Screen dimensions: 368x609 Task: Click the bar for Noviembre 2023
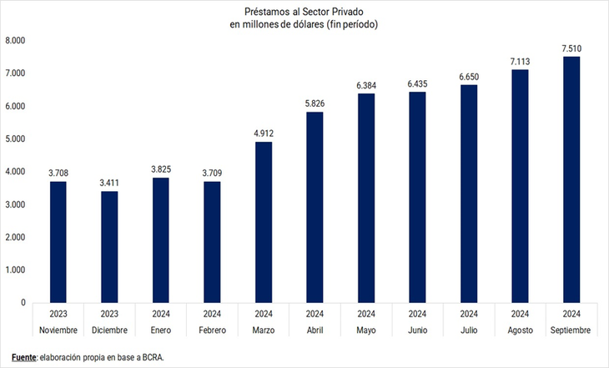click(58, 242)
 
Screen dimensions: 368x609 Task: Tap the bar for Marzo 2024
click(264, 222)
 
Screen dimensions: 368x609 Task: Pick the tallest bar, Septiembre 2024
click(571, 179)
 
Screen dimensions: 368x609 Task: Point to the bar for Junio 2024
click(417, 197)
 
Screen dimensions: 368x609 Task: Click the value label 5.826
click(315, 103)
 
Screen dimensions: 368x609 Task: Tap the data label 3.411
click(109, 182)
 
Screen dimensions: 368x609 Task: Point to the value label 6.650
click(469, 76)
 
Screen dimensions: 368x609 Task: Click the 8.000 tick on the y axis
click(17, 41)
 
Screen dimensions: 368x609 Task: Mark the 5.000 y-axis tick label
click(17, 139)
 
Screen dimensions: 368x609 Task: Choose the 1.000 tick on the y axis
click(17, 270)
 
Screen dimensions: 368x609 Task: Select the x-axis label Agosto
click(520, 330)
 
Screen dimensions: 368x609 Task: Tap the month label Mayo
click(366, 330)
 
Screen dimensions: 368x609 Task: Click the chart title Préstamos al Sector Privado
click(304, 11)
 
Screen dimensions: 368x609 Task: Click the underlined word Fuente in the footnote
click(24, 356)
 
